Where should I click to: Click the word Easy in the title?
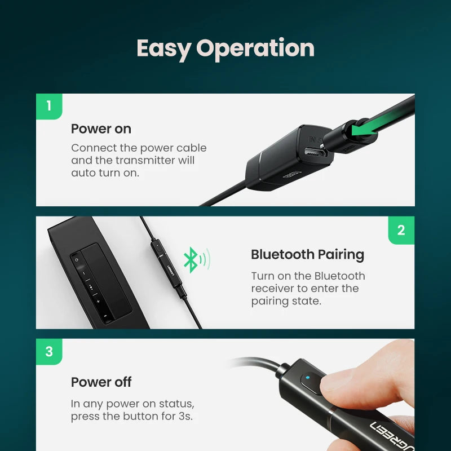point(163,48)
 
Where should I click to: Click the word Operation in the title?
point(255,48)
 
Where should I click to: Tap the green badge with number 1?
point(49,106)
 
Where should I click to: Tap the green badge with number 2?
point(401,230)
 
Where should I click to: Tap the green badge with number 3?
point(49,352)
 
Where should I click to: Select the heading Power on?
point(101,129)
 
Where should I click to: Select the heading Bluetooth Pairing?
point(307,254)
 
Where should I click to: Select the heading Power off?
point(101,382)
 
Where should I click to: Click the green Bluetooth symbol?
point(191,260)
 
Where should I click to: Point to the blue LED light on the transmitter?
point(307,378)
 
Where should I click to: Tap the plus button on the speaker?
point(98,302)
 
